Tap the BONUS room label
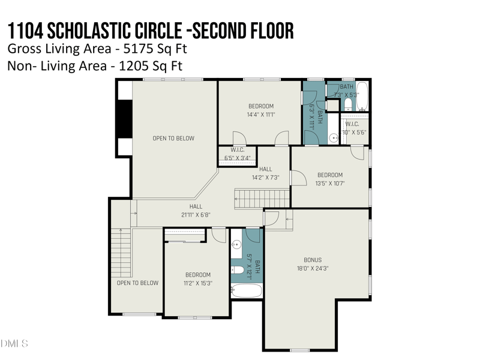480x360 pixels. [313, 260]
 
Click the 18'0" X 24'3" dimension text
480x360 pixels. [313, 268]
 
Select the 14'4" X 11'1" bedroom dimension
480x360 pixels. [261, 115]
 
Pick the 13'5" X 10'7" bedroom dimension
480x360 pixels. [329, 184]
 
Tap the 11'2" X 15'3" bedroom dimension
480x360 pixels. [197, 283]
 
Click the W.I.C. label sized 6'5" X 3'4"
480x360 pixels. [237, 150]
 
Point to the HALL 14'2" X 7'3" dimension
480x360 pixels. [265, 177]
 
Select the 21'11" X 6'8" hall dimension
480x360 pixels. [196, 214]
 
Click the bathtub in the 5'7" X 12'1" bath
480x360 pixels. [247, 291]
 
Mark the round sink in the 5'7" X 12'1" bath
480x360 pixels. [236, 244]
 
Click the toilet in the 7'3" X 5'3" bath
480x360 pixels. [348, 105]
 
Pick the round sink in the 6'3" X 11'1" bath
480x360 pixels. [332, 138]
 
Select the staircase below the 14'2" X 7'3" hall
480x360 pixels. [253, 198]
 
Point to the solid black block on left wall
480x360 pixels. [125, 118]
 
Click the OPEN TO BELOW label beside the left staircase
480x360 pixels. [137, 283]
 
